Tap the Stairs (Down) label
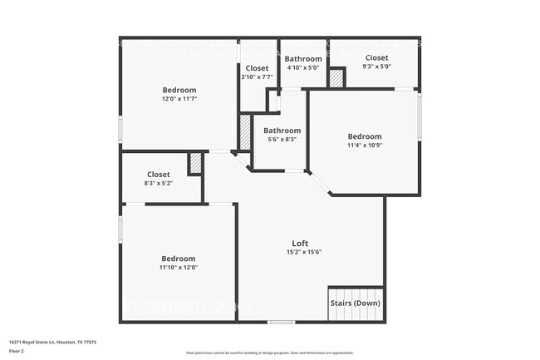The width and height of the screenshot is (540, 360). (x=356, y=303)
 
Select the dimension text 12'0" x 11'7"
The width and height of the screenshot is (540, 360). (x=179, y=99)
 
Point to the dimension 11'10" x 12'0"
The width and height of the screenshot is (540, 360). (x=179, y=268)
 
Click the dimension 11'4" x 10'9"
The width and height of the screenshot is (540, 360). (x=364, y=145)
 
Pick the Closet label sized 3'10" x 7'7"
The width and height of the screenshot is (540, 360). (x=257, y=68)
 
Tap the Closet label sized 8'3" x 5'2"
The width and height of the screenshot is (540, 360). (x=158, y=175)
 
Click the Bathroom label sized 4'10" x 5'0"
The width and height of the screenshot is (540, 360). (x=303, y=59)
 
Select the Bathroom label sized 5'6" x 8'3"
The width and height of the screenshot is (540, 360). (x=282, y=131)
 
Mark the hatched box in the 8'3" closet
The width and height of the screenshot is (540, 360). (x=195, y=164)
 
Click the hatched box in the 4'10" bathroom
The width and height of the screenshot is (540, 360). (x=336, y=78)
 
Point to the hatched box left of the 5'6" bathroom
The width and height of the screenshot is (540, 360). (x=245, y=131)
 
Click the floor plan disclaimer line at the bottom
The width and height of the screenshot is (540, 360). (x=269, y=353)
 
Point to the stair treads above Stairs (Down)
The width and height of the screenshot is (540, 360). (x=356, y=293)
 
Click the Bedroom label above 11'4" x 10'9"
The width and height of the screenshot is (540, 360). (x=364, y=136)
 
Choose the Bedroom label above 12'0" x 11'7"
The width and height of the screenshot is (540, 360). (x=179, y=90)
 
